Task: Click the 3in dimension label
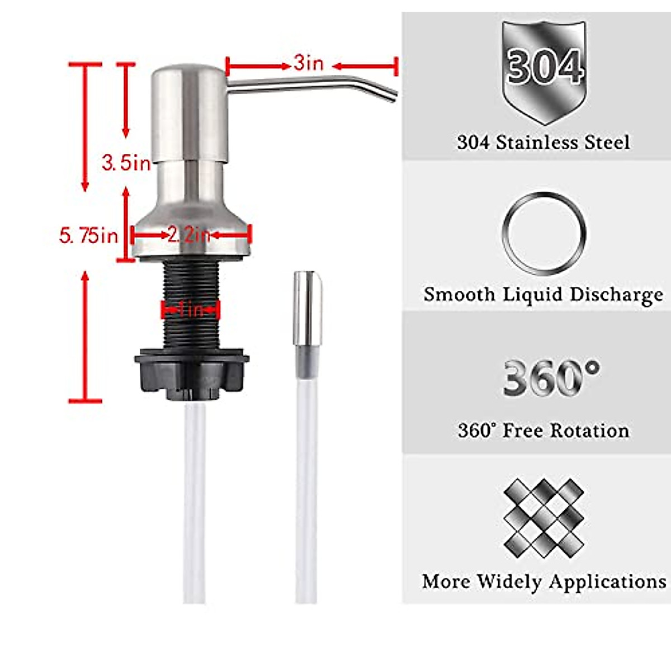pos(309,63)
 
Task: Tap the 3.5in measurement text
pos(126,163)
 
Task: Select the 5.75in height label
pos(88,235)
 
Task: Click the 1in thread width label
pos(191,309)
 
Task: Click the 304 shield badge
pos(544,70)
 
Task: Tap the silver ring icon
pos(544,233)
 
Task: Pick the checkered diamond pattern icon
pos(544,517)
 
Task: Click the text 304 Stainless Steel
pos(543,142)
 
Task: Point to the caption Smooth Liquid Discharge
pos(543,295)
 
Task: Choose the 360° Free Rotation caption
pos(543,431)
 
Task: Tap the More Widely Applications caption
pos(544,582)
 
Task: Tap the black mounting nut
pos(191,372)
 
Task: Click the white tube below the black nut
pos(194,503)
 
